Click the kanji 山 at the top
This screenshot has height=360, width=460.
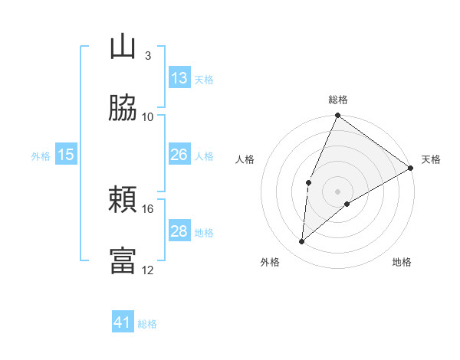123,47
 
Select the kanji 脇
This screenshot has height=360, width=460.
123,108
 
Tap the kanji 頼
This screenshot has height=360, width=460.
123,200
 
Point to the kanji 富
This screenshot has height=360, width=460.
123,260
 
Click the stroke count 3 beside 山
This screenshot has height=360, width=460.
147,55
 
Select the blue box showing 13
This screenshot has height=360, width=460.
179,78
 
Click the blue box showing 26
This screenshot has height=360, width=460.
179,155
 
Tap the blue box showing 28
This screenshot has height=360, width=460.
179,231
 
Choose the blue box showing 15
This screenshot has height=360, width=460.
66,155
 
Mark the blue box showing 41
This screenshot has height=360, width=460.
123,322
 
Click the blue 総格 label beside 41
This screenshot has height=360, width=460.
147,324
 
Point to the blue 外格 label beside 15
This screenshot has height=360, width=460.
41,156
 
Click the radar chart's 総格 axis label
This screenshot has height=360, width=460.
338,100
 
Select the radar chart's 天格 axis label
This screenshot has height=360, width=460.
431,159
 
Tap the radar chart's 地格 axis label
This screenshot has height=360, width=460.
402,262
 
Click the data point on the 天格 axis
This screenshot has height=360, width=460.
411,168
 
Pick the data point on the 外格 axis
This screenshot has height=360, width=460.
302,242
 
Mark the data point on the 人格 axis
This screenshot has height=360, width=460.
308,182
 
